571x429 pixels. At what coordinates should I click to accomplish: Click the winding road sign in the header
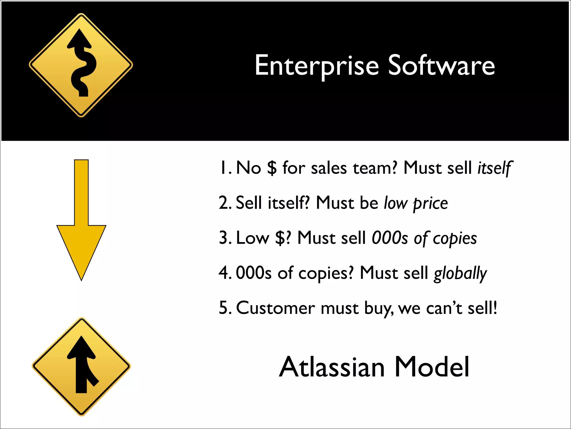point(81,65)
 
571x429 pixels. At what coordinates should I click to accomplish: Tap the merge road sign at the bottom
point(81,366)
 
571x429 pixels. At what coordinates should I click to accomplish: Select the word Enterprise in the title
point(317,66)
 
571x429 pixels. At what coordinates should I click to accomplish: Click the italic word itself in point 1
point(495,168)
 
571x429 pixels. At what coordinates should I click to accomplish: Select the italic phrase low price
point(416,203)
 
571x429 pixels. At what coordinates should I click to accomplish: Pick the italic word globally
point(460,273)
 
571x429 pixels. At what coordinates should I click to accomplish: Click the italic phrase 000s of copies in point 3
point(424,238)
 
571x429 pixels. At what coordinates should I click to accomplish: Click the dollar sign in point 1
point(272,168)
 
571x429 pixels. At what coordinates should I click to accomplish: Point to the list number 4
point(224,273)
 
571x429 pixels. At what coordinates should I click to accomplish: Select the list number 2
point(224,203)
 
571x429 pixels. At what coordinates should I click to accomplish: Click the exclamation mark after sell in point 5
point(495,308)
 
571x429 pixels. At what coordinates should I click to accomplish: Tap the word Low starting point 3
point(252,238)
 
